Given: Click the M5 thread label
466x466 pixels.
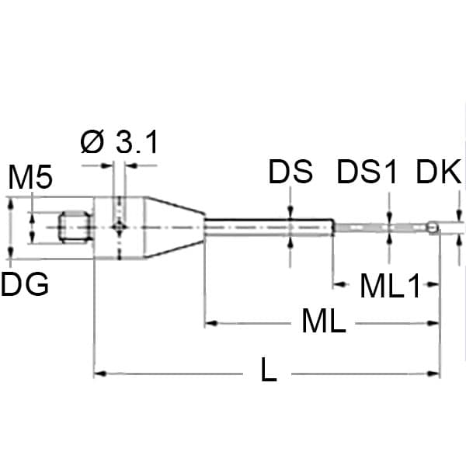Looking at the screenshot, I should [x=30, y=178].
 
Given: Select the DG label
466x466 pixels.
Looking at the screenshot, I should [x=25, y=285].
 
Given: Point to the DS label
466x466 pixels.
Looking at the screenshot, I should [x=290, y=172].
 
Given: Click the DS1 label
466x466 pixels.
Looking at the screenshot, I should [x=367, y=172].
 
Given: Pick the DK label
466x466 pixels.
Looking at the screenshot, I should [x=438, y=172].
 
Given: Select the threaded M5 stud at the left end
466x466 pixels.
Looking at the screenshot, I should [x=75, y=228].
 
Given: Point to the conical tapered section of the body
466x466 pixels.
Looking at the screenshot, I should [x=175, y=228].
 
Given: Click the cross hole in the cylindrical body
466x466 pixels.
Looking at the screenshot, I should [x=119, y=227].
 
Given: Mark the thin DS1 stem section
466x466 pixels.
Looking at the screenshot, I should [x=381, y=228].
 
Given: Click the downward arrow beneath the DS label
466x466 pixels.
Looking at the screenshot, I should [x=290, y=212].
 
